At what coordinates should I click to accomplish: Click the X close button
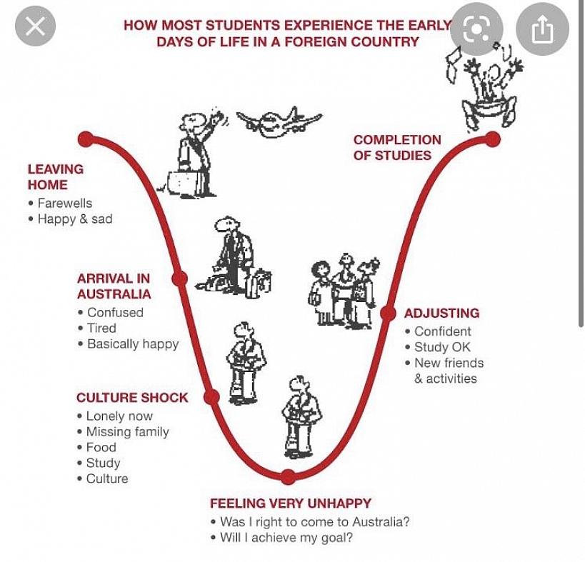click(35, 27)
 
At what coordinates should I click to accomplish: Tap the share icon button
click(542, 29)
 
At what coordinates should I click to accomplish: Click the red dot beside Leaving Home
click(86, 139)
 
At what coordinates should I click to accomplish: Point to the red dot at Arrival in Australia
click(180, 279)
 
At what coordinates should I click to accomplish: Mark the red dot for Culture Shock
click(211, 397)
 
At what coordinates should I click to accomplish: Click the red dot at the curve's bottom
click(288, 476)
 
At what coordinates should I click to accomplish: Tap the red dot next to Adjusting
click(388, 313)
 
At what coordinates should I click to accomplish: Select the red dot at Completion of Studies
click(492, 139)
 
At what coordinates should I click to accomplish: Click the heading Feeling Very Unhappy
click(290, 503)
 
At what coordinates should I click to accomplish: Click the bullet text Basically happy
click(133, 344)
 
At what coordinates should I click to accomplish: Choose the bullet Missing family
click(127, 432)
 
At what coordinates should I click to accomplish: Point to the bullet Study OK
click(442, 347)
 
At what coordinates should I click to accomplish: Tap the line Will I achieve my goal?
click(286, 538)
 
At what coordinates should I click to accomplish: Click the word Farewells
click(65, 204)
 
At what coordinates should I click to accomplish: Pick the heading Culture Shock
click(132, 398)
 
